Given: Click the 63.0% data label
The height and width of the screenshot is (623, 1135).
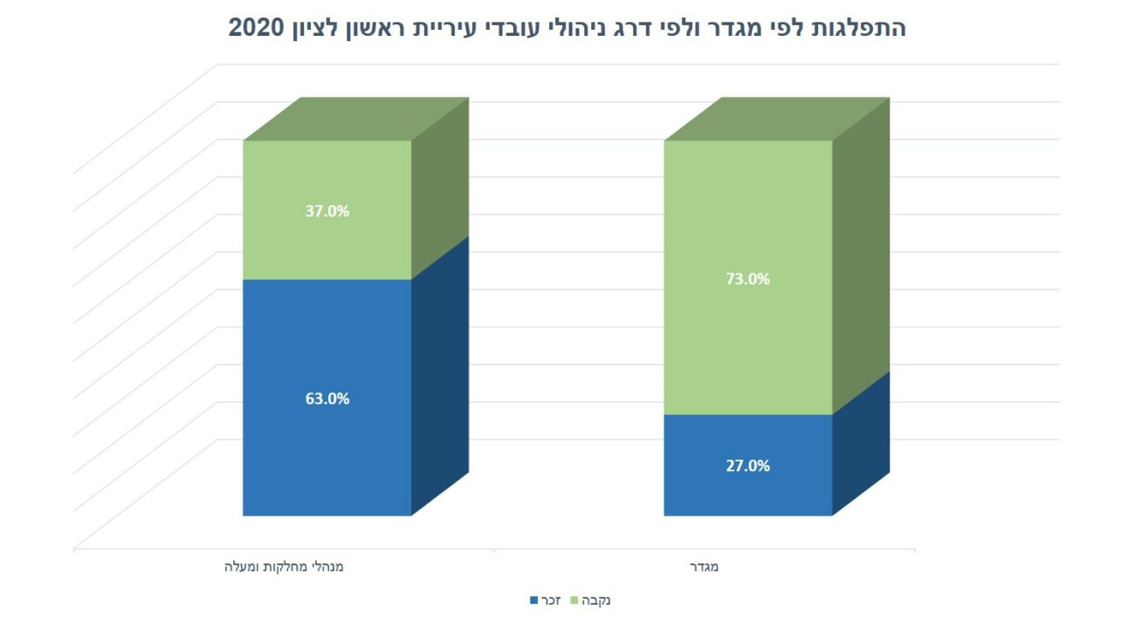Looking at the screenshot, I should (328, 398).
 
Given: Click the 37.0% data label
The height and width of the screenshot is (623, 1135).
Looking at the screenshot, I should (328, 211).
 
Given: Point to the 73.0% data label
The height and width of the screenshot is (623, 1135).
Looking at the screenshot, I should (748, 280).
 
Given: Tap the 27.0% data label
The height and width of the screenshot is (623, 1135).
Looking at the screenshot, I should (748, 466).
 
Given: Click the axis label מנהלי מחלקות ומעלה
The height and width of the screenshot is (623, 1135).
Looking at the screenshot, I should (283, 566).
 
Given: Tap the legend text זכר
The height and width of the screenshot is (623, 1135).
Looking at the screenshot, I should (551, 601).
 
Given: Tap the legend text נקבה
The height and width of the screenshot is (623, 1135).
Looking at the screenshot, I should (596, 601).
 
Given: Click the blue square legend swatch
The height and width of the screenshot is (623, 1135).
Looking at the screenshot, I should (534, 601).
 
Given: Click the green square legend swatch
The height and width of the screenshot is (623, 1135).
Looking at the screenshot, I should (575, 601).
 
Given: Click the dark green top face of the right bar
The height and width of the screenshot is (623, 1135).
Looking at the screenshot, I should (777, 119).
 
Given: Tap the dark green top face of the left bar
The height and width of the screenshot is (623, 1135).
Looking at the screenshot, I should (356, 119).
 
